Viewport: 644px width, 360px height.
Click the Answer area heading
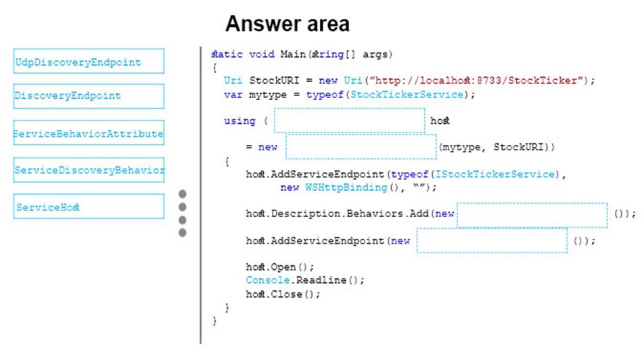coord(287,24)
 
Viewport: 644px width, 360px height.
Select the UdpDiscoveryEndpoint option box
coord(89,61)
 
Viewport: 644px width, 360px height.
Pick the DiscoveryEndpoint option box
coord(89,96)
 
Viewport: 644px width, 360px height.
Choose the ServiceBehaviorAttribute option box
coord(89,133)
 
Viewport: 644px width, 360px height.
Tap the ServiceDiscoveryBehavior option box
coord(89,170)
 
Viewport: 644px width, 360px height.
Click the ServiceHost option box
coord(89,206)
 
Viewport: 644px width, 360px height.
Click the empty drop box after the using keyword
coord(350,120)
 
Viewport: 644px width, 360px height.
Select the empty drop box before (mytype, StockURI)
coord(361,147)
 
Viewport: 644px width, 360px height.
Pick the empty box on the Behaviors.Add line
coord(532,215)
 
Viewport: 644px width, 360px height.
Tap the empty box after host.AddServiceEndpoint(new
coord(492,240)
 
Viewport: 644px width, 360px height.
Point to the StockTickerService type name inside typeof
coord(407,95)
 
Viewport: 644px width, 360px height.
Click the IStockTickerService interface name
coord(495,174)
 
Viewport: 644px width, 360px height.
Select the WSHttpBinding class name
coord(346,187)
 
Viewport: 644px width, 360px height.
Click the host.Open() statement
coord(279,267)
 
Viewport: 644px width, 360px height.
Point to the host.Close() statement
coord(283,294)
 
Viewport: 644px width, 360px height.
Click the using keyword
coord(239,121)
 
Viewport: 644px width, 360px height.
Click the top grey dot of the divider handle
coord(183,194)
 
